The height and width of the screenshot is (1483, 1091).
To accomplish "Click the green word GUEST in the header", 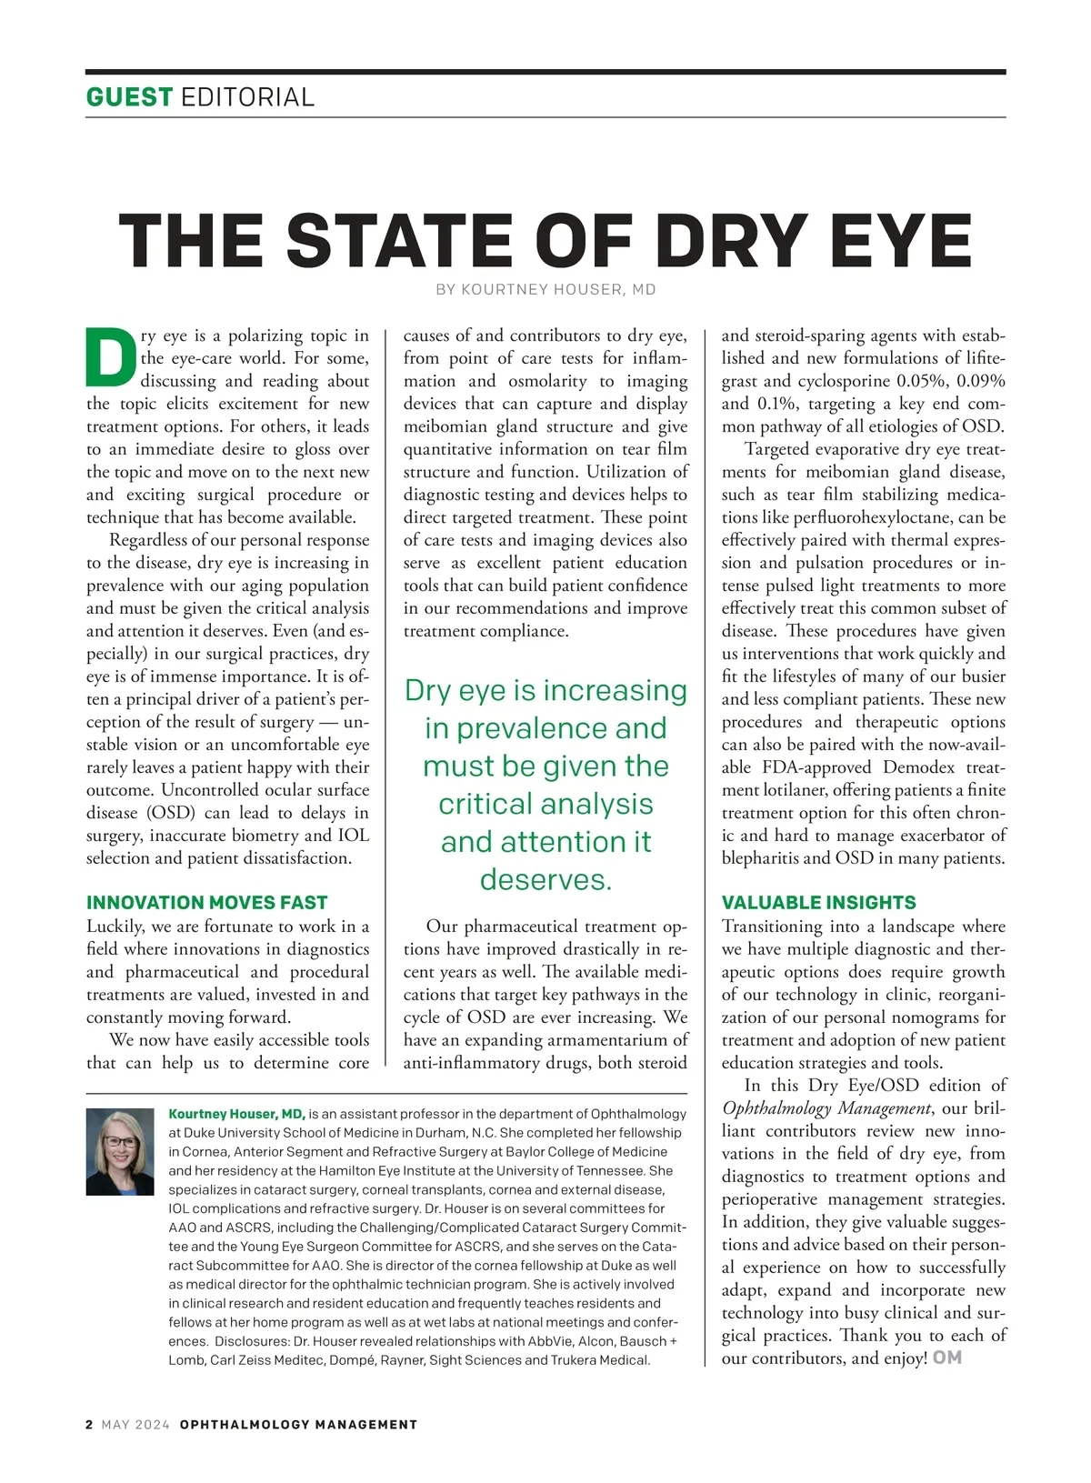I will [129, 96].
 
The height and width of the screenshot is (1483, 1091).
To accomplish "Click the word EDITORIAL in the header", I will [247, 96].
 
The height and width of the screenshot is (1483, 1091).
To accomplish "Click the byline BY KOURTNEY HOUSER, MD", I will [545, 290].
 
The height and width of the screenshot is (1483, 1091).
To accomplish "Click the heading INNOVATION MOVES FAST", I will [206, 902].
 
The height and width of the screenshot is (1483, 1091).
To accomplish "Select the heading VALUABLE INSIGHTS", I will [818, 902].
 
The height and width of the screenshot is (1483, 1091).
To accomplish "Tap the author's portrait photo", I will [120, 1151].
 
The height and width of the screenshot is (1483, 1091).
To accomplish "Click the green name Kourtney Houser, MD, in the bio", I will [236, 1114].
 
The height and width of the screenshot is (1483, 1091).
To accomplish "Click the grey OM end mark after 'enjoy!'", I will [947, 1358].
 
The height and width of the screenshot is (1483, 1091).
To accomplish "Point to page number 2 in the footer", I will [89, 1425].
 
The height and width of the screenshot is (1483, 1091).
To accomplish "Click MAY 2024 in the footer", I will [135, 1425].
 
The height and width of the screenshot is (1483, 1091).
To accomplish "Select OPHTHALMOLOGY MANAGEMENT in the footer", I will [298, 1425].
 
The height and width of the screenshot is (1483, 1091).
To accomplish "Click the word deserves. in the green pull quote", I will [545, 879].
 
